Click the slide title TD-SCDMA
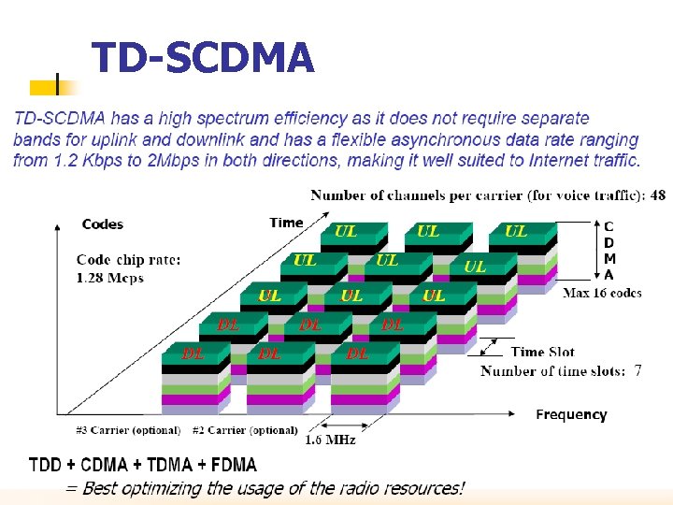tap(203, 58)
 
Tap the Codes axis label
tap(103, 224)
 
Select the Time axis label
tap(286, 223)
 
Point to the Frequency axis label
tap(571, 414)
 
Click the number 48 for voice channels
tap(658, 195)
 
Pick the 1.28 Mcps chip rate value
tap(110, 278)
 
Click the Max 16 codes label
tap(602, 293)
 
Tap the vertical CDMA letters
tap(609, 251)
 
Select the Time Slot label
tap(542, 352)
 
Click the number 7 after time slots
tap(637, 370)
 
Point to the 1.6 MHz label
tap(330, 440)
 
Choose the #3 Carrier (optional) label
tap(128, 430)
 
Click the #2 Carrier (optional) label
tap(245, 430)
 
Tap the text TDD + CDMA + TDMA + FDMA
tap(143, 465)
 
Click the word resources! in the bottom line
tap(424, 487)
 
